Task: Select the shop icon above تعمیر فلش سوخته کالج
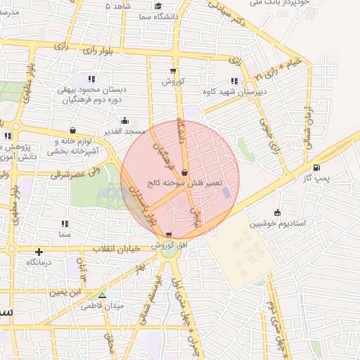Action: click(184, 172)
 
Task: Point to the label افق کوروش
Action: click(167, 245)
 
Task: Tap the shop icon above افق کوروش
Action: click(167, 235)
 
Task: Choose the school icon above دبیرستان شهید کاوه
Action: click(234, 80)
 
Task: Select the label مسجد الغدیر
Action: click(125, 131)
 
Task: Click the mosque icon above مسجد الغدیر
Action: click(125, 121)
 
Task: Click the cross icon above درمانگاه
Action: click(39, 252)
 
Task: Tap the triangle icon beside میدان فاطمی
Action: click(103, 296)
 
